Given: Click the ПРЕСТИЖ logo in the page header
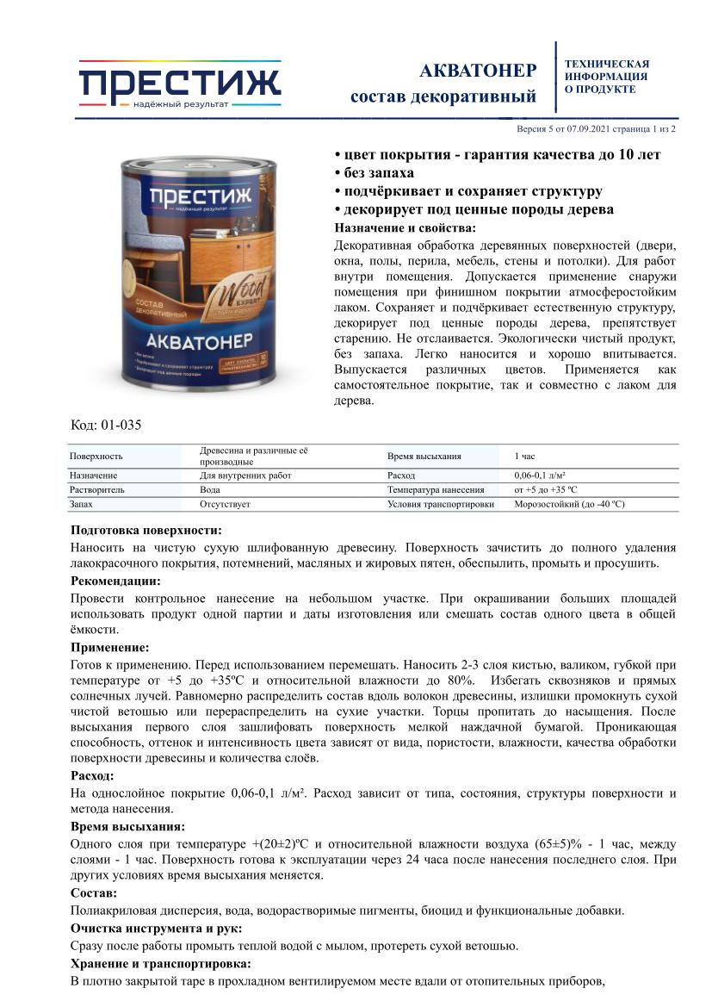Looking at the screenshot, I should click(180, 84).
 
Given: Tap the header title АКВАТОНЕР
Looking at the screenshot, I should click(478, 70).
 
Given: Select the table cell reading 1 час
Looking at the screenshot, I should click(524, 456).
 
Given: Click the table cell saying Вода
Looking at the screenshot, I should click(209, 489).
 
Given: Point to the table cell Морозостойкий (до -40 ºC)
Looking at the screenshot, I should click(569, 504).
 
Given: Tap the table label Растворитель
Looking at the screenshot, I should click(97, 489).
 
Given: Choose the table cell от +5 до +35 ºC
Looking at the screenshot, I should click(550, 489).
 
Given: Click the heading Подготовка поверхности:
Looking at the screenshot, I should click(145, 530).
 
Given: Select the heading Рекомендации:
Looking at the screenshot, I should click(115, 581).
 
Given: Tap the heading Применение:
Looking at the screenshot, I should click(109, 647).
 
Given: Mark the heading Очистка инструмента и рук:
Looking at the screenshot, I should click(156, 928).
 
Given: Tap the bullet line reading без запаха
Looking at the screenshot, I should click(377, 173).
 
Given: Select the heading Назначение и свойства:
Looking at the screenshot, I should click(404, 228).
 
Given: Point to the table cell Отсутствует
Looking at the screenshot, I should click(225, 504).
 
